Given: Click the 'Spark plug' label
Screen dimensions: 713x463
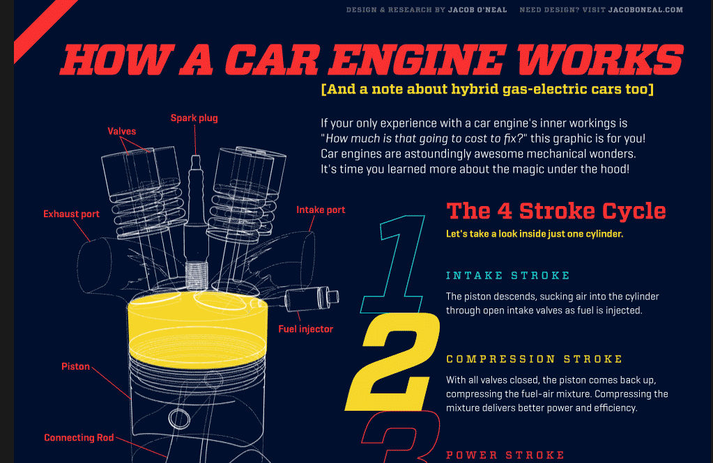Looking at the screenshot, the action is coord(194,118).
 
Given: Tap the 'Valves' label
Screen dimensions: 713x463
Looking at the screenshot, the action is coord(122,132).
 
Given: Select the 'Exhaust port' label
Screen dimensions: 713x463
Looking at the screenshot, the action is coord(71,214).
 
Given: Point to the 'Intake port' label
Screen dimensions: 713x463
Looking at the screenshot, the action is coord(321,210).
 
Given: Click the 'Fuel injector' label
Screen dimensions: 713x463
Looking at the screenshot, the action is coord(305,329).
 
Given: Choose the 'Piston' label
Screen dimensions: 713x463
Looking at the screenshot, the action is coord(75,366).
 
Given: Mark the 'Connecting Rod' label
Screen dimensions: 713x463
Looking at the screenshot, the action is coord(79,437).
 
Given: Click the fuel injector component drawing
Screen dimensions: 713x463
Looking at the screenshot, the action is coord(312,298).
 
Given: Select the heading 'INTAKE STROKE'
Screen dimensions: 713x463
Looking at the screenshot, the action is coord(508,275).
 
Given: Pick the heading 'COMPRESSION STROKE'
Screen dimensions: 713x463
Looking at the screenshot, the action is coord(535,359).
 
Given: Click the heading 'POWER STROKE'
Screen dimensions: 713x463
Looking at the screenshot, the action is coord(505,455).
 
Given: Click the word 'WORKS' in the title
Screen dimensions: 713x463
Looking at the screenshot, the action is coord(600,59).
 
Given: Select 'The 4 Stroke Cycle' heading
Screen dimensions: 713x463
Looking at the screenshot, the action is coord(556,211).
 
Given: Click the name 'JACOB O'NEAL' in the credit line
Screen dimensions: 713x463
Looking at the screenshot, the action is coord(477,10).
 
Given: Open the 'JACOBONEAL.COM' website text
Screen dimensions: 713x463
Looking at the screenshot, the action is coord(645,10).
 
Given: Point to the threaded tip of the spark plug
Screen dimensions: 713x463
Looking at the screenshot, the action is coord(197,275).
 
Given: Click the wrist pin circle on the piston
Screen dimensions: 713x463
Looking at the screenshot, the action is coord(179,419).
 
